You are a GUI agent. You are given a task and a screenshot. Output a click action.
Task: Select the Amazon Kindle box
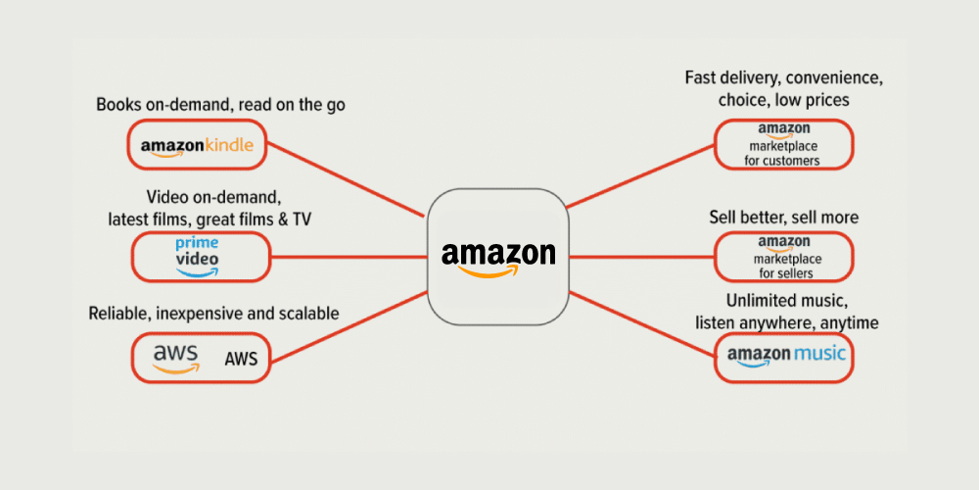198,145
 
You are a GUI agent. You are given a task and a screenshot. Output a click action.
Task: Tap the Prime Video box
200,258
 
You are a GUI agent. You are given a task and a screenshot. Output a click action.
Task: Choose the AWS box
200,357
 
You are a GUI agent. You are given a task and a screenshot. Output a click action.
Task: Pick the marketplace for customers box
783,145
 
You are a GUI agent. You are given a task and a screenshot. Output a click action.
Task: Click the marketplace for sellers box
783,257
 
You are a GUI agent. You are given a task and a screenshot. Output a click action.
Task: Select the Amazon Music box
783,357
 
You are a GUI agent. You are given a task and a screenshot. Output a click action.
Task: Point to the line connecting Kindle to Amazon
348,179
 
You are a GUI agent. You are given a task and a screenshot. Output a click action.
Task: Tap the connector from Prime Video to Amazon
349,258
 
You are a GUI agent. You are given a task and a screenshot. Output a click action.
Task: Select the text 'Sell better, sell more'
783,217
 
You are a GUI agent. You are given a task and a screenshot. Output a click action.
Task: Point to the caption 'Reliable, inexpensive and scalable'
214,314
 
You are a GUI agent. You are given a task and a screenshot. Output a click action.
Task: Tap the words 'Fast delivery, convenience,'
783,78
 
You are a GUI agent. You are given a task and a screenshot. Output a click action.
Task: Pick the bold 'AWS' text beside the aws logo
241,360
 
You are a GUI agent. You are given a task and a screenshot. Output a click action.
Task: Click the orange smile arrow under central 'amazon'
494,272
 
